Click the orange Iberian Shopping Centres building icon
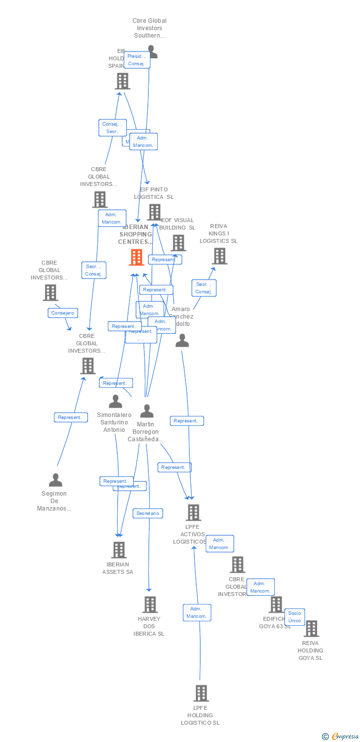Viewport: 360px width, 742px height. point(136,257)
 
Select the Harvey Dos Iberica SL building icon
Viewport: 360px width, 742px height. point(150,604)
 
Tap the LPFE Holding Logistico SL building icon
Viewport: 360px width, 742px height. point(201,694)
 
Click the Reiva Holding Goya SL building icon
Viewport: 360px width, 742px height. point(311,629)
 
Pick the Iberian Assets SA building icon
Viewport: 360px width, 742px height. point(119,550)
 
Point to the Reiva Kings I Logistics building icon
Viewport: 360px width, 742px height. point(220,256)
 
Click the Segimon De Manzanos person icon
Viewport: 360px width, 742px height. point(55,480)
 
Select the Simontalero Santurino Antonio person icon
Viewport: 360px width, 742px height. point(115,401)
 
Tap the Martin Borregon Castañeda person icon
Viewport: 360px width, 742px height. point(146,411)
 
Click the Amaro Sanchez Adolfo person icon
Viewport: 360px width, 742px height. point(182,340)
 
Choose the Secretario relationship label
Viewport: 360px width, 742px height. point(148,513)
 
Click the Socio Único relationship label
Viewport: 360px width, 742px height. point(294,617)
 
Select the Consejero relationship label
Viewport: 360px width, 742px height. point(63,313)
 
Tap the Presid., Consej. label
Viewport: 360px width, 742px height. point(136,60)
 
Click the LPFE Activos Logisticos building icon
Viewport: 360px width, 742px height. point(193,512)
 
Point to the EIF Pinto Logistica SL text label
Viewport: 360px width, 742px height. point(154,193)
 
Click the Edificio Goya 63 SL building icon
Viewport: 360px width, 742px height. point(276,604)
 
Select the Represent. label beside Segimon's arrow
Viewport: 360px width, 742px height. point(71,417)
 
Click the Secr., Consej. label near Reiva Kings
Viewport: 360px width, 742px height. point(204,288)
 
